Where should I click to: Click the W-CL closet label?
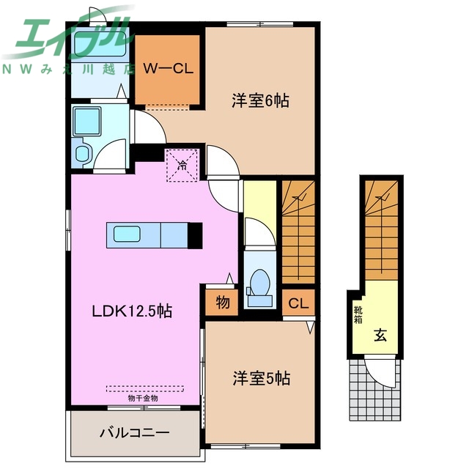click(x=167, y=69)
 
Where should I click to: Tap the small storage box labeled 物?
click(x=221, y=301)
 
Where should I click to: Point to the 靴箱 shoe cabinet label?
click(x=358, y=315)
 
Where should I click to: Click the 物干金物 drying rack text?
click(x=142, y=399)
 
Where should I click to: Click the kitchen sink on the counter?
click(x=134, y=234)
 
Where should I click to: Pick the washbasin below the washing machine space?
click(x=83, y=154)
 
